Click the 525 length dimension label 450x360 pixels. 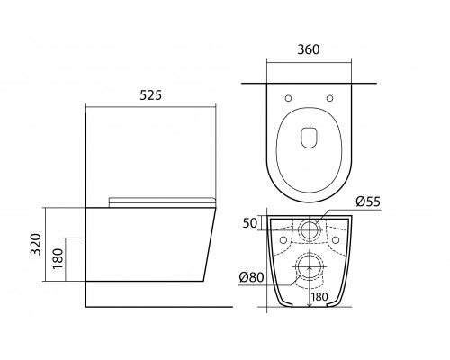click(x=151, y=95)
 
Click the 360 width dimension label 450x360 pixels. click(x=309, y=49)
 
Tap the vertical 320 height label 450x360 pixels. click(x=36, y=244)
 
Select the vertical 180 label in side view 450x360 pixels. click(x=58, y=258)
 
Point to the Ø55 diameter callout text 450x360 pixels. click(x=368, y=202)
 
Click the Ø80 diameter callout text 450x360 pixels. click(x=252, y=277)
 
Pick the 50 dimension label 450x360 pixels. click(x=250, y=223)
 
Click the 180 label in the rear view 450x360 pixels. click(x=319, y=297)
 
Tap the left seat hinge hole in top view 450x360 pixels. click(x=288, y=98)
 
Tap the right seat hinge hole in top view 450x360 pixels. click(x=329, y=98)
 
